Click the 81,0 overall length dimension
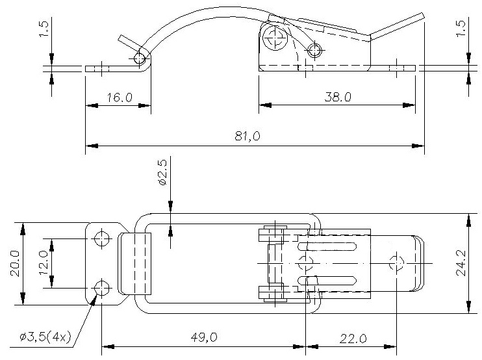(247, 136)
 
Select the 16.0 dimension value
(120, 97)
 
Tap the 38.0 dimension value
(338, 97)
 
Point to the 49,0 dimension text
(204, 337)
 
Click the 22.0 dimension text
(353, 339)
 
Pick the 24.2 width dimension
(461, 263)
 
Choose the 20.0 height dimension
(16, 264)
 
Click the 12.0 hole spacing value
(44, 263)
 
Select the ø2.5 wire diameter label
(162, 172)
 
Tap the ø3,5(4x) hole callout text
(45, 337)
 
